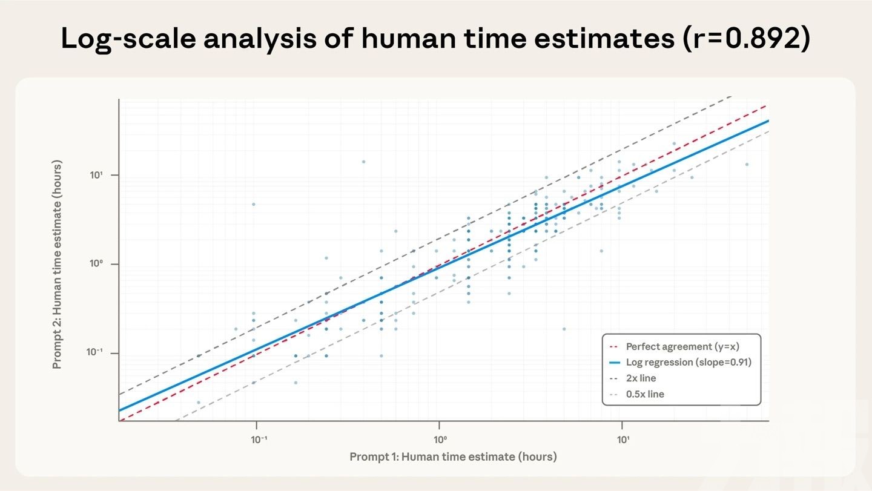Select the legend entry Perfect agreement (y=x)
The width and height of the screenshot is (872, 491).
[x=682, y=347]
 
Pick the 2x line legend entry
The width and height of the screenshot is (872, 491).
[x=641, y=378]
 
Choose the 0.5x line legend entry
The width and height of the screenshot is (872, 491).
[x=645, y=394]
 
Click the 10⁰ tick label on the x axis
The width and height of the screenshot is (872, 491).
[x=440, y=439]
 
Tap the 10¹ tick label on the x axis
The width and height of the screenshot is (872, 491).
[x=623, y=439]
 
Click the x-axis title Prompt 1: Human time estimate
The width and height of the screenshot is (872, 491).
[x=453, y=456]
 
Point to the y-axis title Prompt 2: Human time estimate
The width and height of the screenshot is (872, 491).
[x=58, y=265]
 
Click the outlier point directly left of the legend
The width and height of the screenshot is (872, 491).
[x=564, y=329]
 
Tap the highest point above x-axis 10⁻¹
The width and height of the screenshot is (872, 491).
[x=254, y=204]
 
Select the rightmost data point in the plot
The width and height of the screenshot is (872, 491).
[x=747, y=164]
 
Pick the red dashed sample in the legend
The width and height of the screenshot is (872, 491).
[x=614, y=347]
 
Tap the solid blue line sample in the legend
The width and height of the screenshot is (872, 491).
[x=614, y=363]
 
